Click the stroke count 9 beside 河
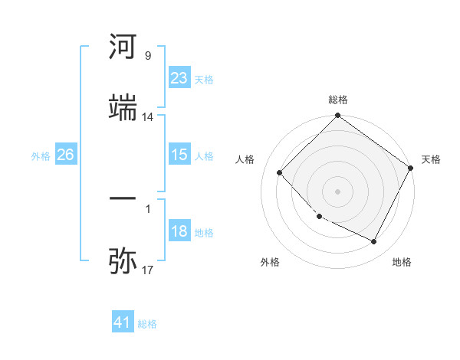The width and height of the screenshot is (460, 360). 147,56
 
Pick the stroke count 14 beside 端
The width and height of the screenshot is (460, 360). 147,117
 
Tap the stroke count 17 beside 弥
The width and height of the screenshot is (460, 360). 147,270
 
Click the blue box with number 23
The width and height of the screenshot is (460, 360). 179,78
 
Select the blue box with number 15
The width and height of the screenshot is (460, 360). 179,155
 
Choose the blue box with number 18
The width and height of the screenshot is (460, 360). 179,231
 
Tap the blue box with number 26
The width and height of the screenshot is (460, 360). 65,155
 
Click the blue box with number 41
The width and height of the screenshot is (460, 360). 123,322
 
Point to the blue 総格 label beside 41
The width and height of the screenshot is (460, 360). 147,324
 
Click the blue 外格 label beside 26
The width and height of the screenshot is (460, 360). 41,156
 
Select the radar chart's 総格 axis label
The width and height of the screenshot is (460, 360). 338,100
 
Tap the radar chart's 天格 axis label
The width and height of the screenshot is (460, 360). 431,159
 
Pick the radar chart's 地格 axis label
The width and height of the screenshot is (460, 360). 402,262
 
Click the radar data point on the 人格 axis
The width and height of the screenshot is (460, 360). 280,172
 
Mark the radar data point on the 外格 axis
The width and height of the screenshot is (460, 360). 320,217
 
